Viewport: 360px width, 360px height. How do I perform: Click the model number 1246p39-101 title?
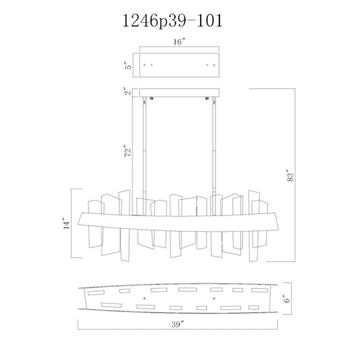173,21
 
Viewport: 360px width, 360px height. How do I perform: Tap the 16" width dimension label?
179,42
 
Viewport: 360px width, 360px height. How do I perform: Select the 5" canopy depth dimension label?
129,66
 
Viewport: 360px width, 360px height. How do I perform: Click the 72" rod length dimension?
128,151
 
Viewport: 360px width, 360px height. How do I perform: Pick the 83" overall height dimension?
290,176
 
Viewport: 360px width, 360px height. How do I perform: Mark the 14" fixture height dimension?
66,223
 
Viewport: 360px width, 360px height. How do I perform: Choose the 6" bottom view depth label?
287,299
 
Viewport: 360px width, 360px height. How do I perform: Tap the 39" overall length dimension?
178,324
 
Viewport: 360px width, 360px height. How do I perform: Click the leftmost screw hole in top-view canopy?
145,66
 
